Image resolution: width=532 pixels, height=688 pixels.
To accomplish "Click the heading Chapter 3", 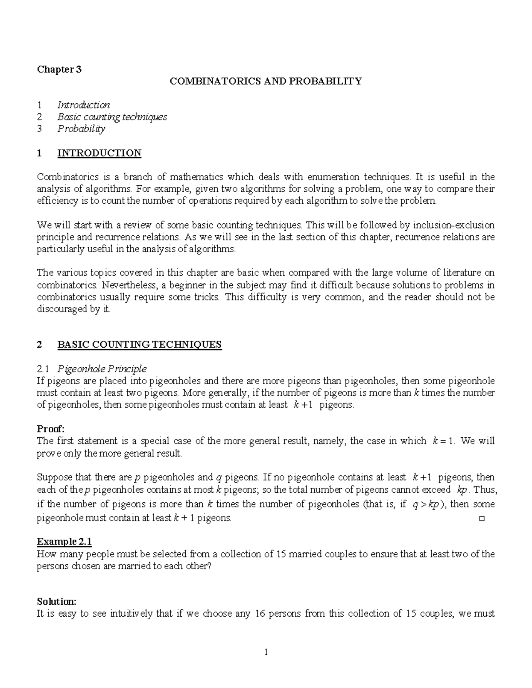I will pyautogui.click(x=59, y=69).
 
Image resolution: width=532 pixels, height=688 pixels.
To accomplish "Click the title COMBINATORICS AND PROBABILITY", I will pyautogui.click(x=266, y=81).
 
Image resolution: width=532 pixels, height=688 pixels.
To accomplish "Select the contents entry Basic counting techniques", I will pyautogui.click(x=112, y=117).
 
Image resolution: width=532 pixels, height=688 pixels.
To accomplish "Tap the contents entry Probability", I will pyautogui.click(x=81, y=129).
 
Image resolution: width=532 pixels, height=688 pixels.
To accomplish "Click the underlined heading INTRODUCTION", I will pyautogui.click(x=99, y=153).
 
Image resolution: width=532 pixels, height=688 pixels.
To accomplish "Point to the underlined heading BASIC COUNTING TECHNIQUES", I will pyautogui.click(x=139, y=345).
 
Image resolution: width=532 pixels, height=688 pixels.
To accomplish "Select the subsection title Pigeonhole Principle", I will pyautogui.click(x=102, y=369).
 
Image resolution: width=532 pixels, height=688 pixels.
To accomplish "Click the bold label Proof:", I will pyautogui.click(x=51, y=428).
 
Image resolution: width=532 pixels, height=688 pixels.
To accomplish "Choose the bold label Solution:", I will pyautogui.click(x=56, y=602).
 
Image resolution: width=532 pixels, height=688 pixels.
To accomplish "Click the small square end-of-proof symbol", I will pyautogui.click(x=482, y=518).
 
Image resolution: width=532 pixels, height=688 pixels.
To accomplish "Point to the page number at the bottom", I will pyautogui.click(x=266, y=652).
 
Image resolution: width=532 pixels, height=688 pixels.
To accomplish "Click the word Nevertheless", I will pyautogui.click(x=127, y=285).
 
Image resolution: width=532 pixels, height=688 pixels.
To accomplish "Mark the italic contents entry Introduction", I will pyautogui.click(x=83, y=105).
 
